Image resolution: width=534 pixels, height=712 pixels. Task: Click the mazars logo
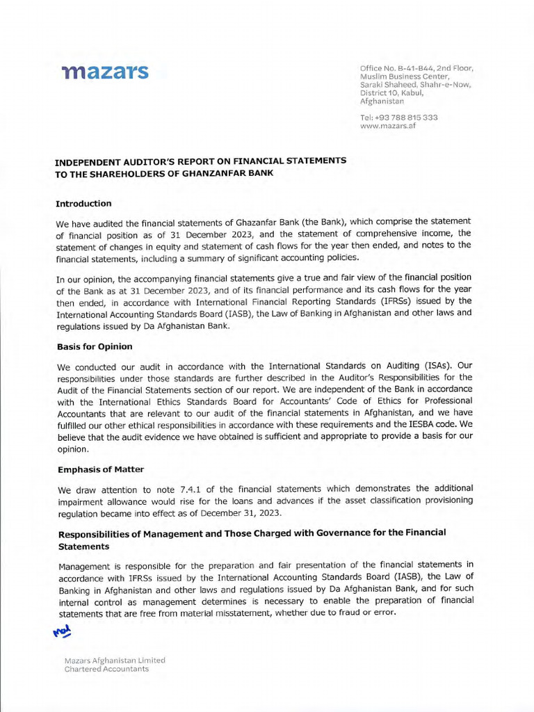tap(104, 72)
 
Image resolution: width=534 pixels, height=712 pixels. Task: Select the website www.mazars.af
tap(388, 127)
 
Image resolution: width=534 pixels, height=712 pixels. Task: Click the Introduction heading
tap(83, 204)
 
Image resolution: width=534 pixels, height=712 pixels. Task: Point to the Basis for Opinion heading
tap(95, 346)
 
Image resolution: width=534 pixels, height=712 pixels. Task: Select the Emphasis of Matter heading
tap(101, 469)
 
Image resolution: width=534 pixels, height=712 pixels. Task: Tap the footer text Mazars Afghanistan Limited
tap(115, 660)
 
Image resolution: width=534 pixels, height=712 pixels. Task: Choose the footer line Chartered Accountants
tap(106, 669)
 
